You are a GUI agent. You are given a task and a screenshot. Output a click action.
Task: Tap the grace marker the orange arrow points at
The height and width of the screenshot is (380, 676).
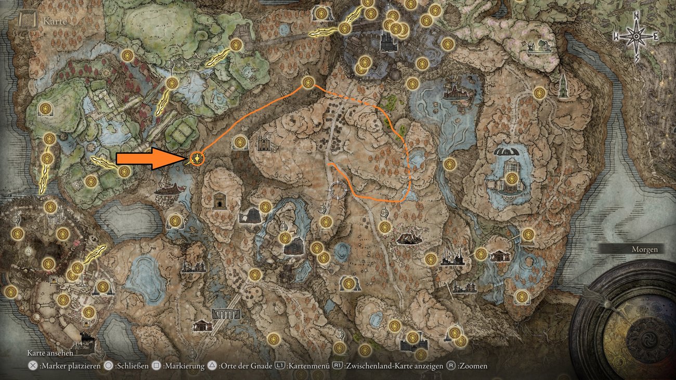click(197, 158)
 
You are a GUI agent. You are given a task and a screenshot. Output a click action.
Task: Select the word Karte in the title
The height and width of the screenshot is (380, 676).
click(54, 22)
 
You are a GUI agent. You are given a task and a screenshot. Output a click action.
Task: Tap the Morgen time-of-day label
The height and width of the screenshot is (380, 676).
click(645, 250)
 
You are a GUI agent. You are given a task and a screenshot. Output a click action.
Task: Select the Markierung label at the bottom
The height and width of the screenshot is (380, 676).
click(184, 366)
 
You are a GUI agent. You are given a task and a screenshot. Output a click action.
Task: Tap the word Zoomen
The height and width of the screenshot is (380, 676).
click(473, 366)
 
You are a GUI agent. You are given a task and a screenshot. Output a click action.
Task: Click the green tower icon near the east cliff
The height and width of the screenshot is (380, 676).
click(563, 86)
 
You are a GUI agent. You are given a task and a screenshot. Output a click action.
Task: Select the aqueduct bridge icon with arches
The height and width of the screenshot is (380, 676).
click(226, 313)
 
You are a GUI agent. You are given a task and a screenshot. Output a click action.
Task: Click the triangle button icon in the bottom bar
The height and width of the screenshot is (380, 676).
click(212, 366)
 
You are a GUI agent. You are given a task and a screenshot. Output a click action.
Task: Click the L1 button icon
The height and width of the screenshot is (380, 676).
click(279, 366)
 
